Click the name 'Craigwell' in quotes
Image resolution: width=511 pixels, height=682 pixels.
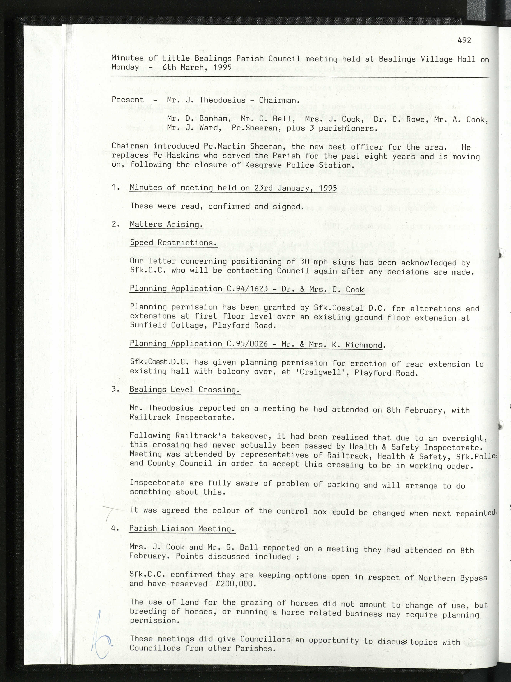(327, 373)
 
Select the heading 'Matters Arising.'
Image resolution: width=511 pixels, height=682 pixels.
(166, 224)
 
